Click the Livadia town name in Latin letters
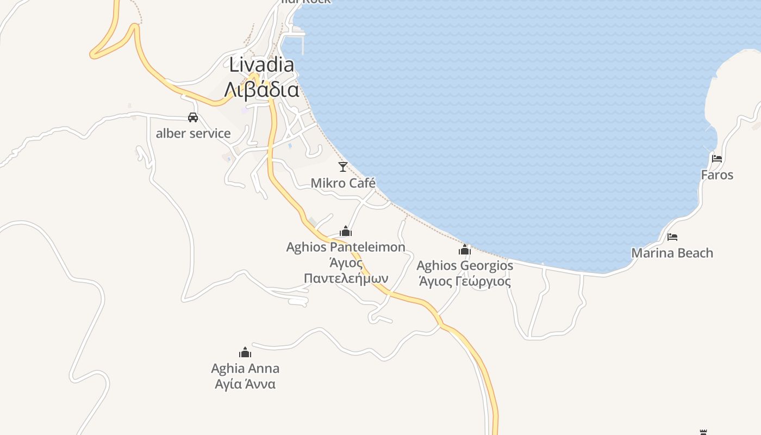pos(261,65)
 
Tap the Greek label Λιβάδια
pos(261,89)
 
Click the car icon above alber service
pos(192,117)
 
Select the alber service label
pos(193,133)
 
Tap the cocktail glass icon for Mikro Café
pos(342,166)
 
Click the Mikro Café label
pos(342,183)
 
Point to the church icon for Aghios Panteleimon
pos(345,232)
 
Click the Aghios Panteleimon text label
pos(346,247)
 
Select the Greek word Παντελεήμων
pos(346,278)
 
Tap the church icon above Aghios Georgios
pos(464,250)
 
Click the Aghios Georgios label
pos(464,266)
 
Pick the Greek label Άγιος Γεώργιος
pos(464,281)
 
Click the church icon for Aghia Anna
pos(245,352)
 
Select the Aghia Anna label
pos(245,368)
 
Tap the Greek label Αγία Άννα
pos(245,384)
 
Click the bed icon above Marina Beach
pos(672,237)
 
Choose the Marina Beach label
pos(672,253)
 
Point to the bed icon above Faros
pos(717,159)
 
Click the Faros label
pos(717,175)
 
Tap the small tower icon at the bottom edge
pos(703,432)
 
